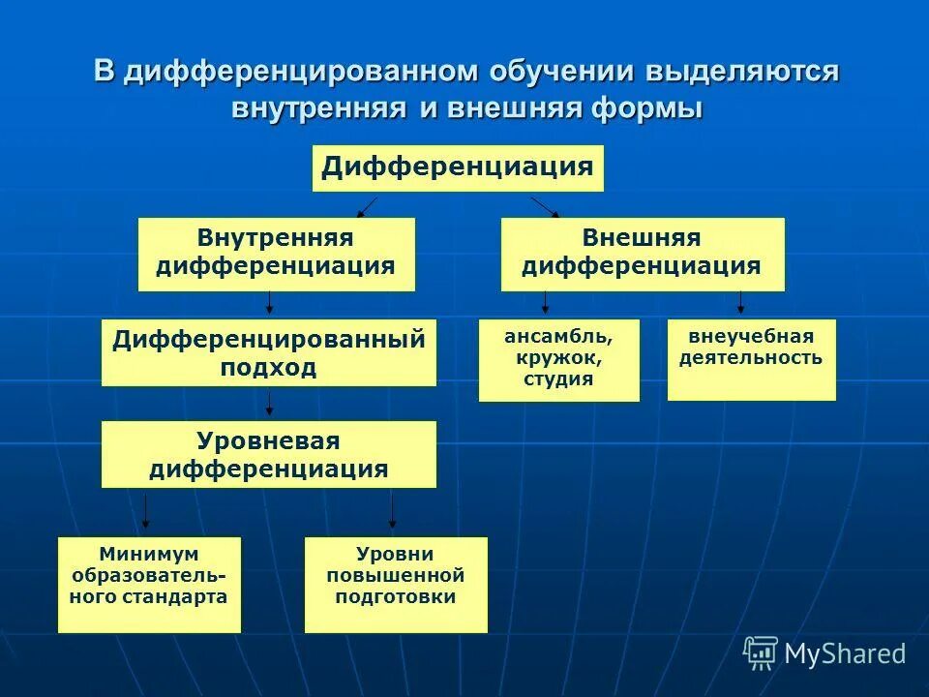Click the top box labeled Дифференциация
tap(458, 168)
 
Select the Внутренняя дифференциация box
tap(276, 254)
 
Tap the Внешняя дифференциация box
tap(642, 254)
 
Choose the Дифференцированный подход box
tap(268, 353)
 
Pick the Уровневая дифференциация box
tap(268, 455)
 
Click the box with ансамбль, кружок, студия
tap(558, 359)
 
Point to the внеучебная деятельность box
tap(751, 359)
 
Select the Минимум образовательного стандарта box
tap(149, 585)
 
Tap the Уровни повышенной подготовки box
tap(396, 585)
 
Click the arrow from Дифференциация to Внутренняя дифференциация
tap(367, 206)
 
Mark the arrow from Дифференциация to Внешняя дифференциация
tap(545, 206)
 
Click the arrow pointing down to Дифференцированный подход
tap(270, 304)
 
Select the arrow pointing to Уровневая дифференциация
tap(270, 404)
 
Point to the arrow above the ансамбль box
tap(545, 304)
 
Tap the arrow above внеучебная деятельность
tap(741, 304)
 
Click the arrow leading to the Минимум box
tap(146, 511)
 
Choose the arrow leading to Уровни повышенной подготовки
tap(392, 511)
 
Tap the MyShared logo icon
tap(761, 652)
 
